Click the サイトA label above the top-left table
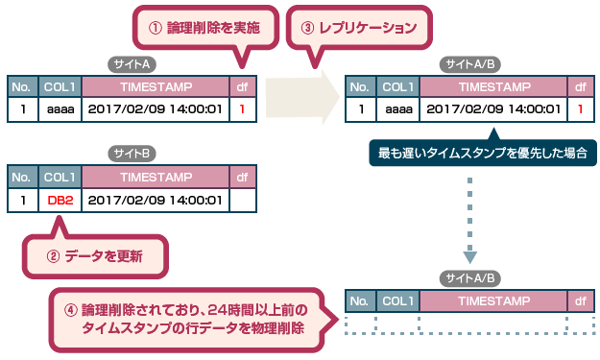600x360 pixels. click(x=131, y=64)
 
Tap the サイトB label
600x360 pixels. click(x=131, y=154)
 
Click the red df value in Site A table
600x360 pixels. click(x=243, y=109)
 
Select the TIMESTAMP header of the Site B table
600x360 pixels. click(x=156, y=178)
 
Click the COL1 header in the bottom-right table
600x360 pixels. click(x=397, y=300)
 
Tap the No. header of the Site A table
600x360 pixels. click(x=22, y=86)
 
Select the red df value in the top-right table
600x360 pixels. click(x=581, y=109)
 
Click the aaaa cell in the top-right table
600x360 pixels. click(x=397, y=109)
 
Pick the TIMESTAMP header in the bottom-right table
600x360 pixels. click(x=493, y=300)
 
